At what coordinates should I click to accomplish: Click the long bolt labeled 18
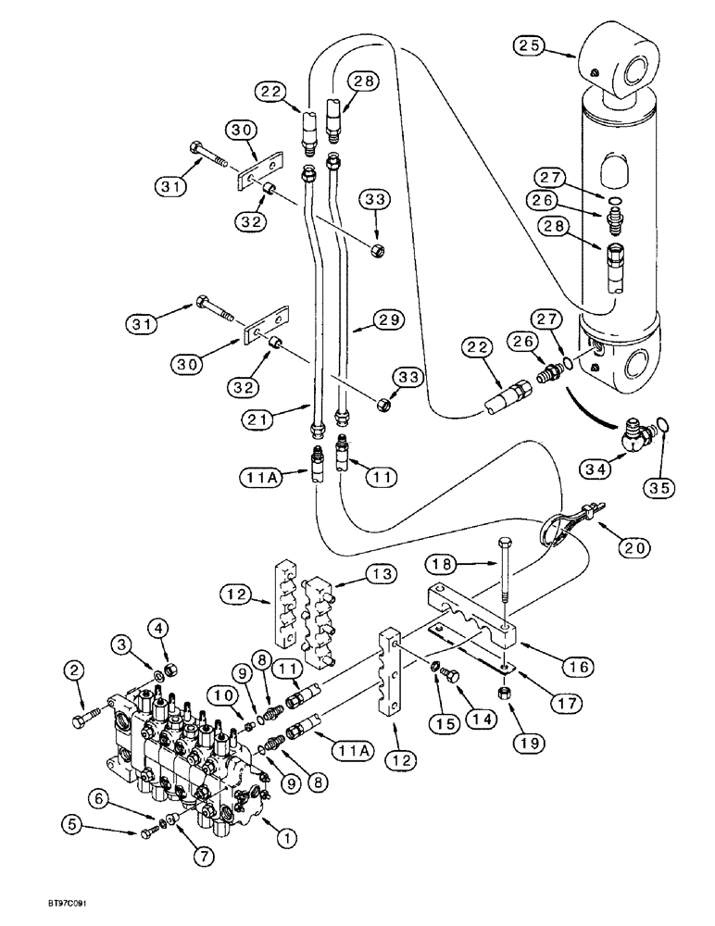tap(501, 579)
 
